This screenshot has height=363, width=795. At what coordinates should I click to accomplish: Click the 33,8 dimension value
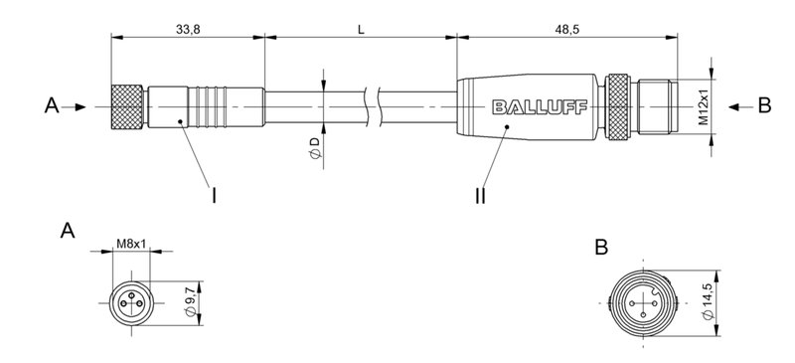coord(189,29)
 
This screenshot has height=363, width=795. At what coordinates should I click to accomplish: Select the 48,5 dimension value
coord(567,29)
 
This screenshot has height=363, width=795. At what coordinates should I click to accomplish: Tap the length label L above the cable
coord(361,29)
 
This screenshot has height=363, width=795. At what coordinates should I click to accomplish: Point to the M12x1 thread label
coord(703,105)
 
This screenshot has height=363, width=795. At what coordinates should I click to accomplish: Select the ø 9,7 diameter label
coord(193,300)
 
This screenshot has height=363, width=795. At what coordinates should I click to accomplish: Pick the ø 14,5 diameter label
coord(706,301)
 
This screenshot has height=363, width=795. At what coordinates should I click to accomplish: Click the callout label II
coord(480,196)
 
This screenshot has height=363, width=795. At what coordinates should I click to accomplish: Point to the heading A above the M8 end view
coord(67,232)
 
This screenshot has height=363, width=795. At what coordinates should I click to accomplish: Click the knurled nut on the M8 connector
coord(125,104)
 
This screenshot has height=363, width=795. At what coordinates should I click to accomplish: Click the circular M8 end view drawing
coord(129,300)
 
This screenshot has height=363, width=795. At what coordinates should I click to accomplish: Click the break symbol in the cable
coord(375,104)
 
